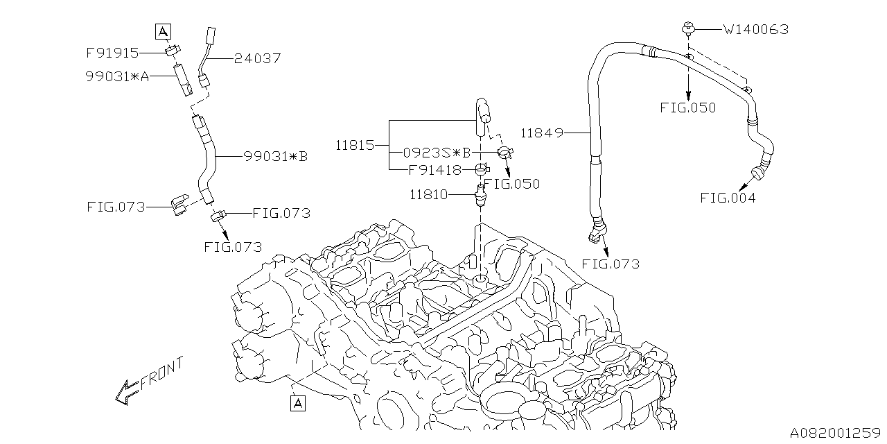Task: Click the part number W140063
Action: pyautogui.click(x=755, y=30)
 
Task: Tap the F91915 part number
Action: pyautogui.click(x=112, y=53)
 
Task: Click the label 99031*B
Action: pyautogui.click(x=275, y=157)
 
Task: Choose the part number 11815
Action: pyautogui.click(x=355, y=146)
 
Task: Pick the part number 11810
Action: pyautogui.click(x=428, y=196)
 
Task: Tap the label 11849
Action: pyautogui.click(x=540, y=131)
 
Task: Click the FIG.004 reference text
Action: pyautogui.click(x=727, y=198)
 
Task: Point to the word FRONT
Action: pyautogui.click(x=162, y=375)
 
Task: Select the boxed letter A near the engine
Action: pyautogui.click(x=298, y=402)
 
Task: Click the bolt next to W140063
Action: pyautogui.click(x=688, y=28)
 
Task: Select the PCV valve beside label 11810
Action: pyautogui.click(x=480, y=196)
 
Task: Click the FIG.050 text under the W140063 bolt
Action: pyautogui.click(x=688, y=108)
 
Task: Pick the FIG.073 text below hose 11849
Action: pyautogui.click(x=611, y=264)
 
